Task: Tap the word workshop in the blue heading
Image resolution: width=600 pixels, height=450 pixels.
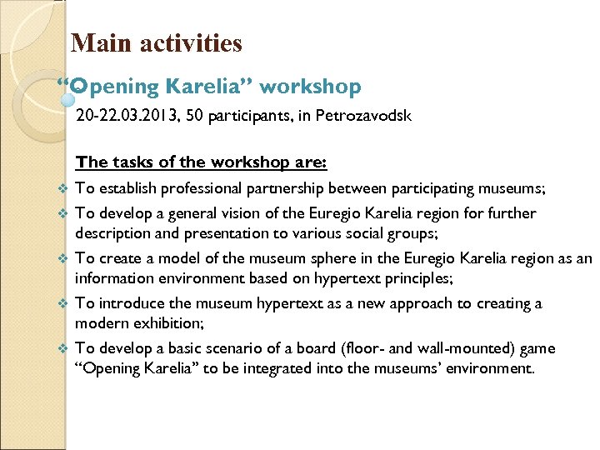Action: coord(309,87)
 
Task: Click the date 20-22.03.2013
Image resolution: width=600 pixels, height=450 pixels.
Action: coord(123,116)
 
